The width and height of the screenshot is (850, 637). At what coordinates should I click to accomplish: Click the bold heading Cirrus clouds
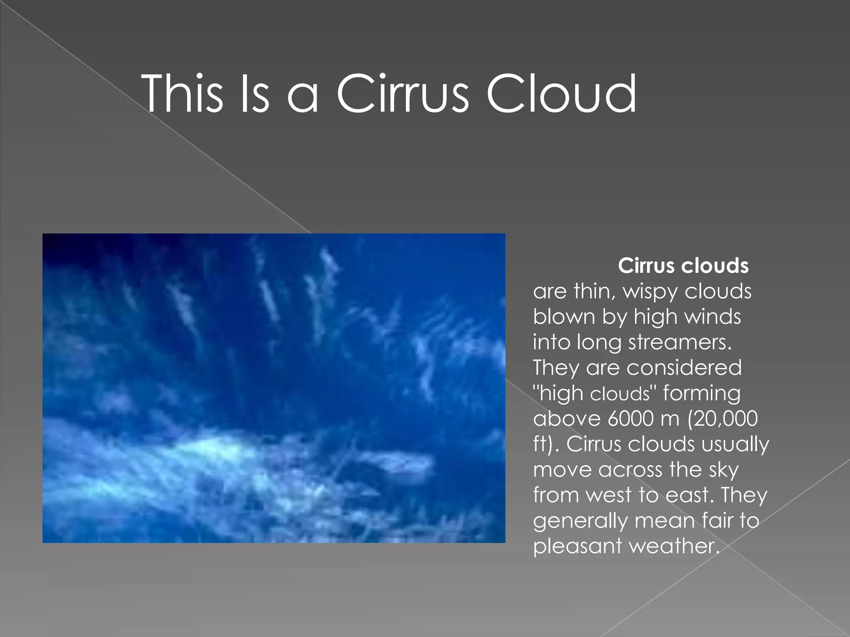(683, 266)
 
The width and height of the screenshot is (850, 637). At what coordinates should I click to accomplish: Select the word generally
(580, 521)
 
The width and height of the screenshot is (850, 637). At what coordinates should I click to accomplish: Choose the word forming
(701, 394)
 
